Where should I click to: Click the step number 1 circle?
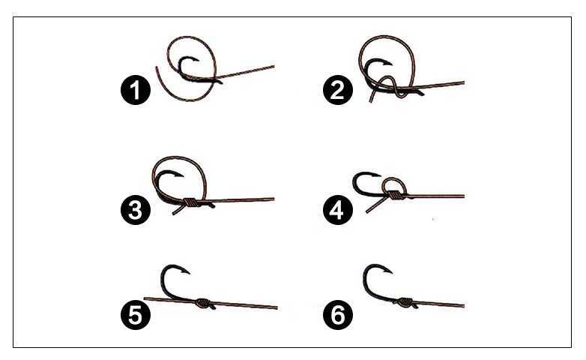(136, 90)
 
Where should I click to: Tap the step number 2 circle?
(338, 90)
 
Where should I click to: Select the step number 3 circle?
(136, 210)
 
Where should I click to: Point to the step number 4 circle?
(338, 210)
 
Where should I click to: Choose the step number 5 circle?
(136, 315)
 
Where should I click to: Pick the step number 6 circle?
(338, 315)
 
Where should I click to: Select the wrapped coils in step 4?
(393, 194)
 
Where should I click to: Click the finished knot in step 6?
(405, 301)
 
